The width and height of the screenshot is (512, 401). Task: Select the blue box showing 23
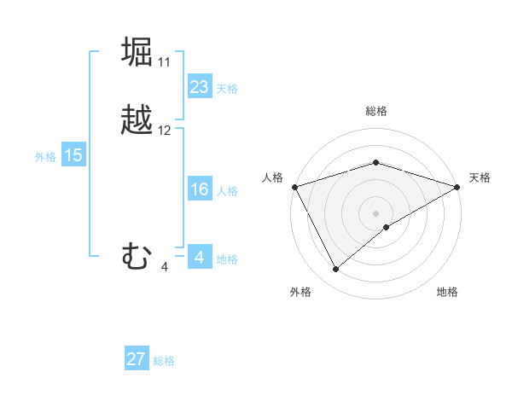pyautogui.click(x=199, y=87)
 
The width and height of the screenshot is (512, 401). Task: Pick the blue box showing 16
pyautogui.click(x=199, y=189)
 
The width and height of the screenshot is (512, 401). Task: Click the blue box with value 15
pyautogui.click(x=73, y=155)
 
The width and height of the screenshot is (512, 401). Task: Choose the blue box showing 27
pyautogui.click(x=136, y=359)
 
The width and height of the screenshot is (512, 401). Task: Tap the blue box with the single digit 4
pyautogui.click(x=199, y=258)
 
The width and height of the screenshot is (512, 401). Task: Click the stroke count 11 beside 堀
pyautogui.click(x=164, y=62)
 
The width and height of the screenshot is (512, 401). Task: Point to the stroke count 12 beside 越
pyautogui.click(x=165, y=131)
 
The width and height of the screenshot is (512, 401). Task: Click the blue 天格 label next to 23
pyautogui.click(x=227, y=88)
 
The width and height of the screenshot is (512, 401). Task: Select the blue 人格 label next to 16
pyautogui.click(x=227, y=191)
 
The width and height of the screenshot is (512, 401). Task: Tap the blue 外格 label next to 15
pyautogui.click(x=44, y=157)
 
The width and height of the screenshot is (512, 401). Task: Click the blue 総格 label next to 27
pyautogui.click(x=164, y=361)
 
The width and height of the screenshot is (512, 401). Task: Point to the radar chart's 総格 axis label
pyautogui.click(x=375, y=111)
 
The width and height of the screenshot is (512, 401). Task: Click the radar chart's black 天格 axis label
pyautogui.click(x=480, y=177)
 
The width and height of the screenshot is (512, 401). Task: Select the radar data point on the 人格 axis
pyautogui.click(x=294, y=186)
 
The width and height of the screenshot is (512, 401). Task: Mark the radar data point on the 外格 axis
pyautogui.click(x=336, y=270)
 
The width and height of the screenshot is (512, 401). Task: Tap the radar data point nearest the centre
pyautogui.click(x=387, y=227)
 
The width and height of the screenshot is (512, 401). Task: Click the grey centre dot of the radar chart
pyautogui.click(x=375, y=212)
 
